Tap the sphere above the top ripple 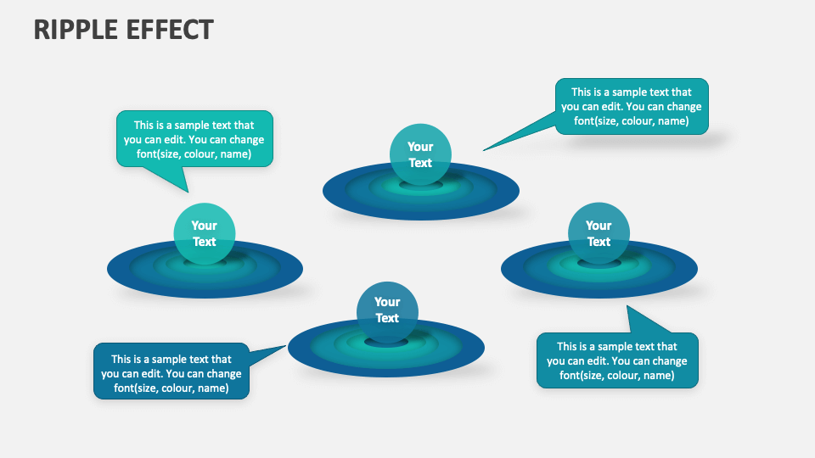(x=420, y=154)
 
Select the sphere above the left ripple (x=205, y=233)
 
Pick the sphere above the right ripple (x=599, y=233)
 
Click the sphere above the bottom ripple (x=387, y=310)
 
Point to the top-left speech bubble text (x=194, y=139)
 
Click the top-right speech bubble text (x=632, y=107)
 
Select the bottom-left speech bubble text (x=171, y=373)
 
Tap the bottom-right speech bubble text (x=617, y=360)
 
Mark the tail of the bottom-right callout (x=641, y=322)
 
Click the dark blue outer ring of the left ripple (x=123, y=270)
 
